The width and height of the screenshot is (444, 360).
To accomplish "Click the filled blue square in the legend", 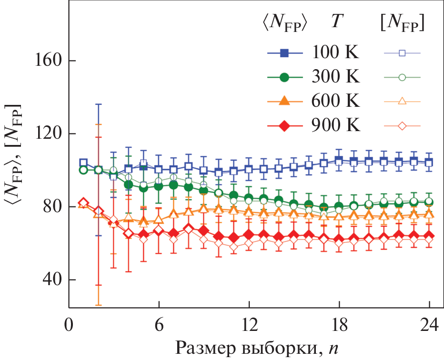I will [x=284, y=52].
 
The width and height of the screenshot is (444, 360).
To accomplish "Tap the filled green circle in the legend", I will [x=284, y=77].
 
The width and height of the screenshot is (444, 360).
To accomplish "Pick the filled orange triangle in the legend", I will [x=284, y=101].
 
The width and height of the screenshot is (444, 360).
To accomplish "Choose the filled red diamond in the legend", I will [x=284, y=126].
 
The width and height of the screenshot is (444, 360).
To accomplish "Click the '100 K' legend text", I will [x=336, y=52].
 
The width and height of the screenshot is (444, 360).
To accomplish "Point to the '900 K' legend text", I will [x=336, y=126].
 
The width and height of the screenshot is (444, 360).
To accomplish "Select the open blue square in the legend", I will [x=402, y=52].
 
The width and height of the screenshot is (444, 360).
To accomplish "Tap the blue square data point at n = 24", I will [x=429, y=163].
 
